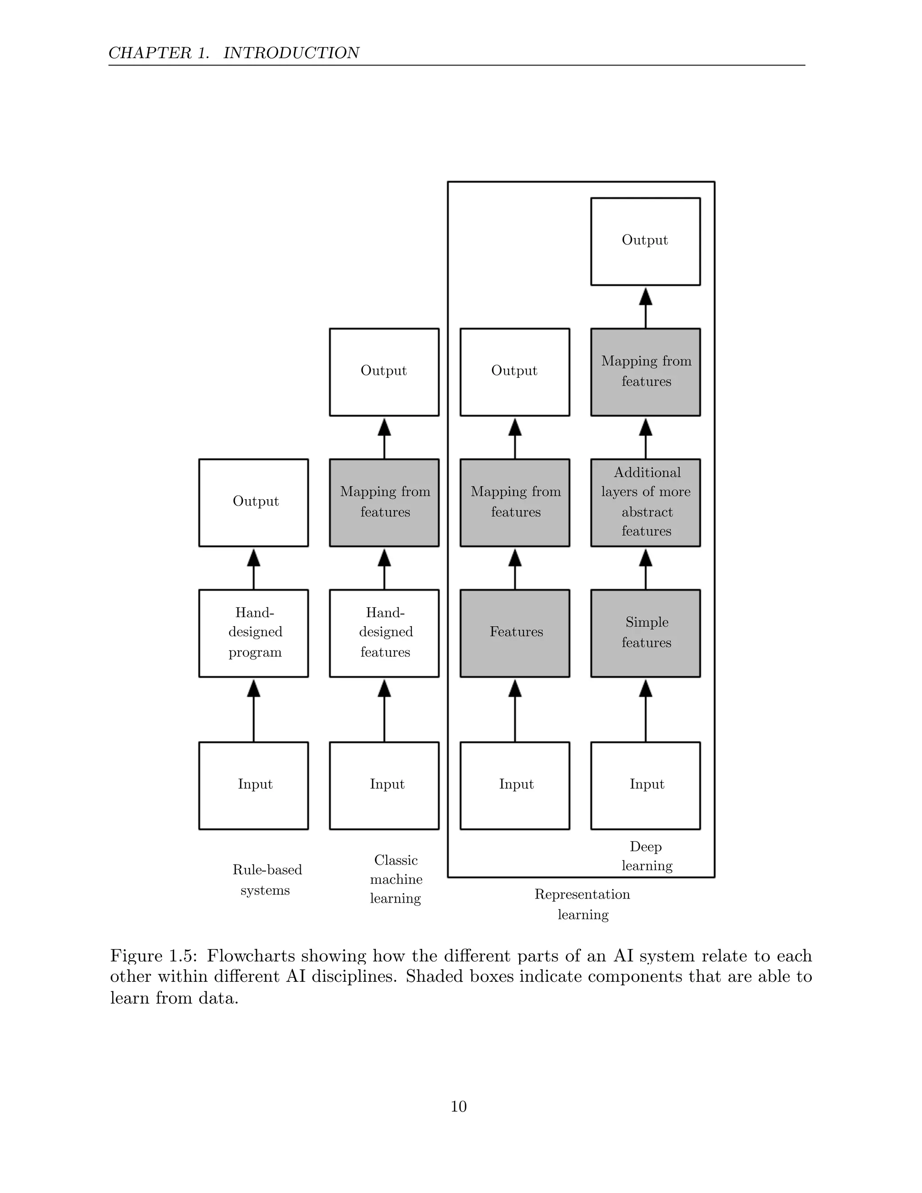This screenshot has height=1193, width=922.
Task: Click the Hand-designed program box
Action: [x=253, y=633]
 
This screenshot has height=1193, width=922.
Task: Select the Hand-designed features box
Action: [x=384, y=633]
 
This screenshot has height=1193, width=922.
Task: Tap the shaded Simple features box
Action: [x=645, y=633]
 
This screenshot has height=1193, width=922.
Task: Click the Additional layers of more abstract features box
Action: [x=645, y=502]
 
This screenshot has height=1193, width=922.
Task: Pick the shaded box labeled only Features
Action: [x=515, y=633]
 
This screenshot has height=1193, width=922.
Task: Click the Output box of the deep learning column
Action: [x=645, y=241]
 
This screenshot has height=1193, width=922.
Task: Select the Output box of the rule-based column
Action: [x=253, y=502]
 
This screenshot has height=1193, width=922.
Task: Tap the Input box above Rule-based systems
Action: [x=253, y=786]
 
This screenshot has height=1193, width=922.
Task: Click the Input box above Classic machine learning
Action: [x=384, y=786]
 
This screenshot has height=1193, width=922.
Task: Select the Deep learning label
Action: [x=646, y=856]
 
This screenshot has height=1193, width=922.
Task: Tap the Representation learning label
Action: [x=582, y=904]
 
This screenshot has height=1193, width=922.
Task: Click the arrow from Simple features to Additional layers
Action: [x=645, y=569]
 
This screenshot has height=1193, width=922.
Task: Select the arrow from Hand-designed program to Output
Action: [x=253, y=569]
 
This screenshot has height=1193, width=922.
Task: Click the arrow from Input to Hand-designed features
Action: [x=384, y=710]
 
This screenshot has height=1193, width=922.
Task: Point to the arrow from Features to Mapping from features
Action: [x=515, y=569]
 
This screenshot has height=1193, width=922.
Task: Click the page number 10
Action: [x=458, y=1106]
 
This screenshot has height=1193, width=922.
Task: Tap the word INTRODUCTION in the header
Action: [x=291, y=53]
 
